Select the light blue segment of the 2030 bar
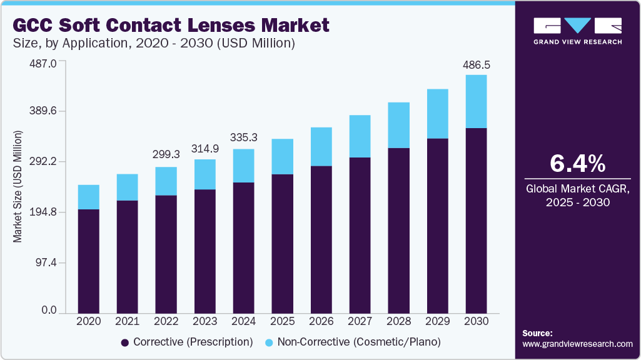pyautogui.click(x=476, y=101)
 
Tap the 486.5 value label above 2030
pyautogui.click(x=476, y=65)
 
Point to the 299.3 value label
pyautogui.click(x=166, y=154)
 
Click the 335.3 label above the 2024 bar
pyautogui.click(x=243, y=137)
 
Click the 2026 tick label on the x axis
pyautogui.click(x=321, y=321)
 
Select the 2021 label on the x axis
pyautogui.click(x=127, y=321)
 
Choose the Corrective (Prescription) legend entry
pyautogui.click(x=186, y=342)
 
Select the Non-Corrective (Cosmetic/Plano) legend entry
pyautogui.click(x=353, y=342)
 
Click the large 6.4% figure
pyautogui.click(x=577, y=164)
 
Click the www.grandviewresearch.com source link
pyautogui.click(x=577, y=344)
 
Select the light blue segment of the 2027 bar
pyautogui.click(x=360, y=136)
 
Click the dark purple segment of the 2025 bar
pyautogui.click(x=282, y=242)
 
